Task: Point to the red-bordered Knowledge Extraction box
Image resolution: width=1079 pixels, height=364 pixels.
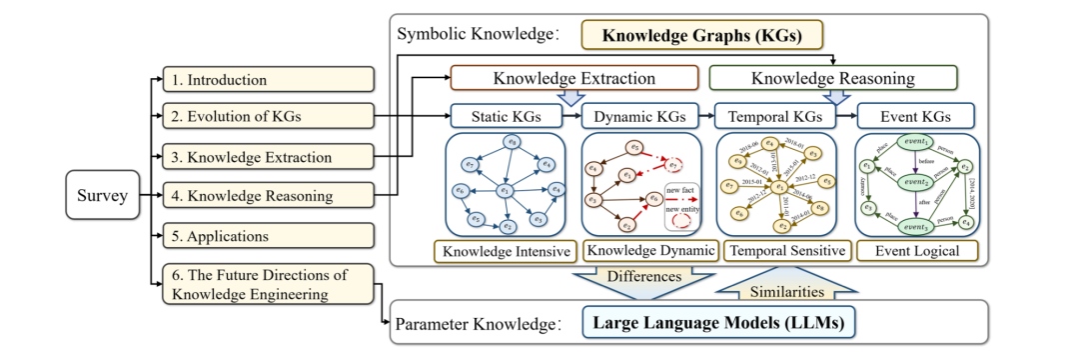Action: tap(574, 78)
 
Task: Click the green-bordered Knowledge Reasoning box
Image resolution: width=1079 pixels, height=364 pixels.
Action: tap(832, 78)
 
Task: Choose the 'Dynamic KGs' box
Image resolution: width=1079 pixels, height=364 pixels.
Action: tap(639, 116)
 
